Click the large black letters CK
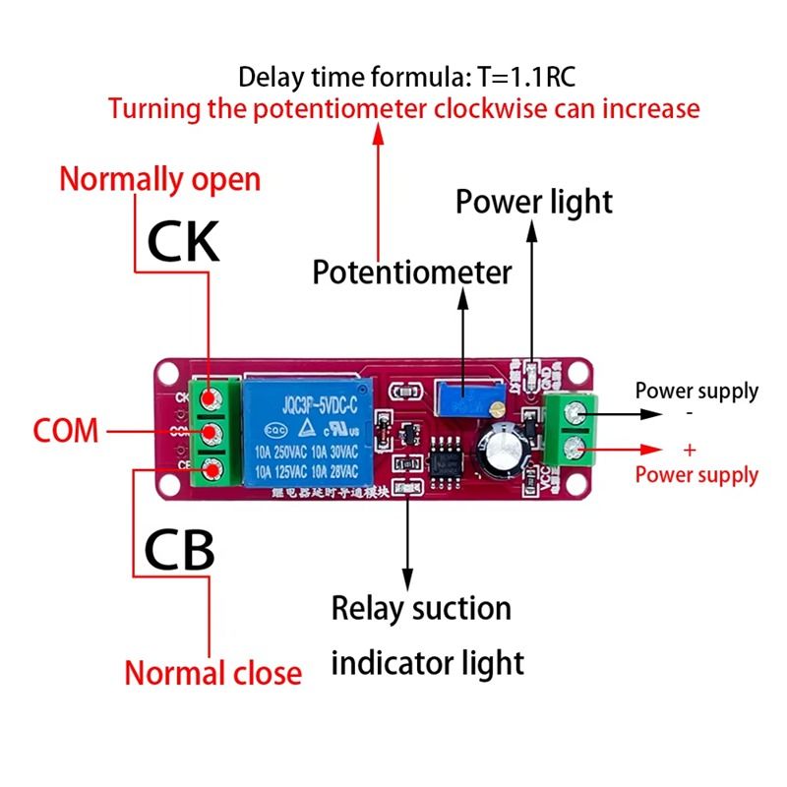click(x=183, y=240)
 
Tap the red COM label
click(x=66, y=430)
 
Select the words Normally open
click(x=160, y=180)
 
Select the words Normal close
click(x=212, y=673)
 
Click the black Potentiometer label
click(x=412, y=272)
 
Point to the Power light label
click(x=533, y=202)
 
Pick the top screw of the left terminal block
click(x=211, y=397)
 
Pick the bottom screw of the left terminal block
click(x=211, y=468)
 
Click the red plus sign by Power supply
click(x=689, y=450)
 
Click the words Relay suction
click(x=421, y=608)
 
